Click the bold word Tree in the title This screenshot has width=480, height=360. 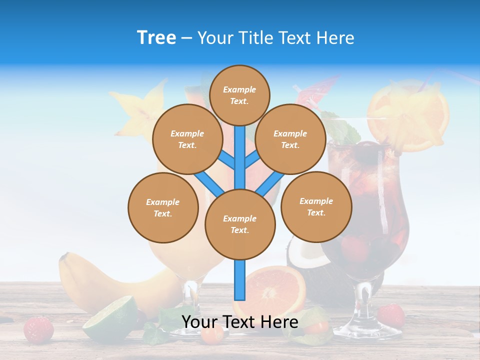click(x=156, y=37)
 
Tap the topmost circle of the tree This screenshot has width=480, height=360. click(x=239, y=95)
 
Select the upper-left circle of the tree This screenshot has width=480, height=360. click(x=187, y=139)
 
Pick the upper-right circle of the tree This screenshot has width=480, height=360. click(x=290, y=139)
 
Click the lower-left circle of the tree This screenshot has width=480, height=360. click(x=163, y=207)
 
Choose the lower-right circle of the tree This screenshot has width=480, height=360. click(x=316, y=206)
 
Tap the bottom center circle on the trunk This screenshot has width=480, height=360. click(x=240, y=224)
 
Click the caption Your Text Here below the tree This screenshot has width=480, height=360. click(x=239, y=322)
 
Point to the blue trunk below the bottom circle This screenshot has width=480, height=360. click(x=240, y=280)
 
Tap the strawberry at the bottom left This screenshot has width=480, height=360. click(x=38, y=329)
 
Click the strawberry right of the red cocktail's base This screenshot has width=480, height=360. click(x=391, y=315)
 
